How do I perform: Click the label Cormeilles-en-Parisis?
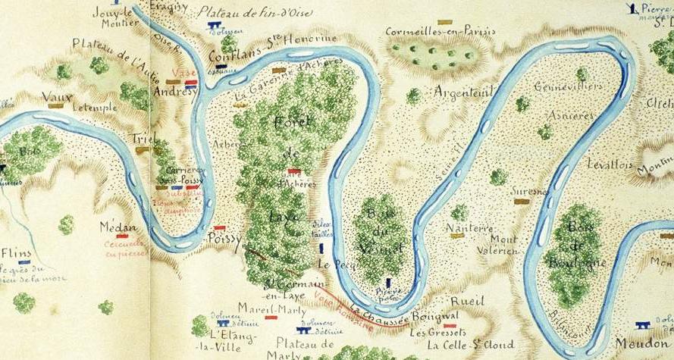[440, 32]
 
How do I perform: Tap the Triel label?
[143, 138]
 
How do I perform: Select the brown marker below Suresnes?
[521, 202]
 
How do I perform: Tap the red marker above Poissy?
[220, 227]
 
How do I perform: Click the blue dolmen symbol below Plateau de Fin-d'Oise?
[215, 25]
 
